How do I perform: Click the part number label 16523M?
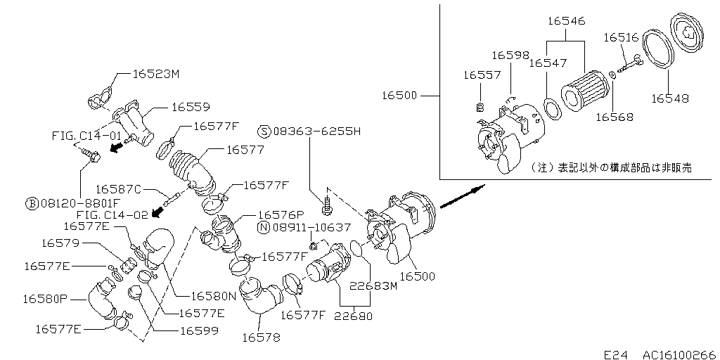(x=155, y=74)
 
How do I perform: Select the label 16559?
(x=191, y=108)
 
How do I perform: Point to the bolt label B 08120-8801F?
(x=73, y=203)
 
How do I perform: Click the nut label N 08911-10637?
(x=304, y=227)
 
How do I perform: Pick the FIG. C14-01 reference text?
(x=86, y=136)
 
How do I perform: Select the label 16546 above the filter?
(x=567, y=21)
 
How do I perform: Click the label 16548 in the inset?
(x=670, y=98)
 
